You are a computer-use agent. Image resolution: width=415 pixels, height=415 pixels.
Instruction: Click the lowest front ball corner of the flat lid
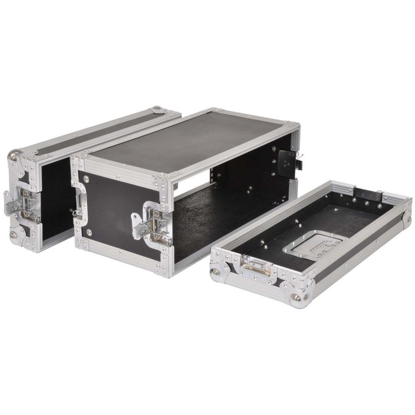297,299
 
